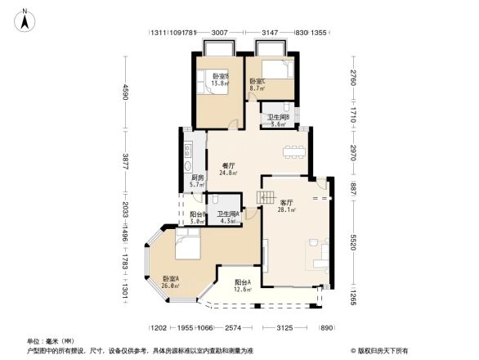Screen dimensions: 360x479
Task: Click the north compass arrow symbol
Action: click(27, 19)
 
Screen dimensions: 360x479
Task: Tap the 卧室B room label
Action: click(220, 80)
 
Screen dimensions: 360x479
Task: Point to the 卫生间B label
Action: click(284, 121)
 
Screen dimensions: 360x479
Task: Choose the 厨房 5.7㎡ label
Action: click(197, 181)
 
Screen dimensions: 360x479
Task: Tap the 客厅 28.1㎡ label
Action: click(287, 206)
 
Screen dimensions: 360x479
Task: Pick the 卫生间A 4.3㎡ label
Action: click(228, 217)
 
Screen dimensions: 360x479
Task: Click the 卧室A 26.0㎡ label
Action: click(172, 281)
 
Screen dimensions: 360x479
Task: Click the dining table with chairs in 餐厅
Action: click(293, 151)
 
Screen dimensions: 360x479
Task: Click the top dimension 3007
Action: click(219, 33)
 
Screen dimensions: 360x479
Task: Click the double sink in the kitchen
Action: click(187, 151)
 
